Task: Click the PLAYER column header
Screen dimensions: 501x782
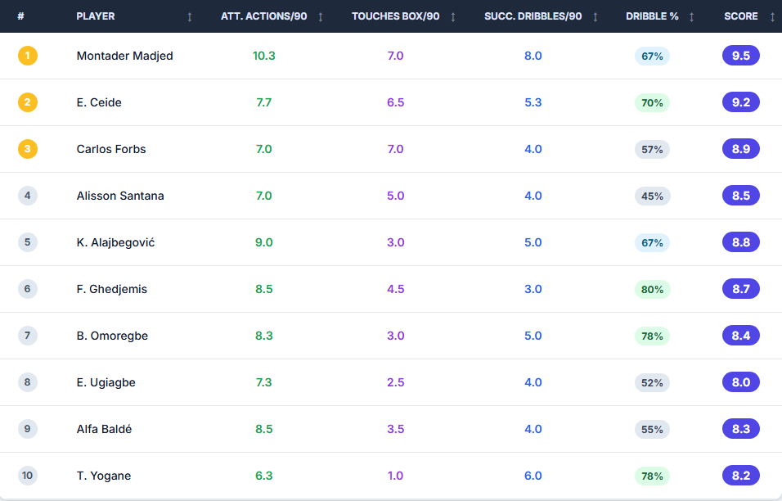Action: [96, 16]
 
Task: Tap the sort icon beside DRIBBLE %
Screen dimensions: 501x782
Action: [691, 17]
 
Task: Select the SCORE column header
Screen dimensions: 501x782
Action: [740, 16]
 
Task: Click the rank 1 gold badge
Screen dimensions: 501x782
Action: [28, 56]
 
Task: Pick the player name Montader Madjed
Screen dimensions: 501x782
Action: [124, 56]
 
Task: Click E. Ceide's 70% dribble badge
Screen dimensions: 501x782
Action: [652, 102]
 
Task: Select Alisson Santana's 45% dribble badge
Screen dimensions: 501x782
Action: [652, 196]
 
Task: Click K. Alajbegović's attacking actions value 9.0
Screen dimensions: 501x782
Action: [263, 242]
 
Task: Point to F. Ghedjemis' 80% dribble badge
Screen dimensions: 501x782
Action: [652, 289]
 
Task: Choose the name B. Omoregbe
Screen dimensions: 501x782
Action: [112, 336]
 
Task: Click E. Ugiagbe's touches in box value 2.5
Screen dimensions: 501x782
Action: [396, 382]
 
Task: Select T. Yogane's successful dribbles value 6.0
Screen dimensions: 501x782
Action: [533, 476]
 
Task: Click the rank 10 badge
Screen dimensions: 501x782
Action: [28, 476]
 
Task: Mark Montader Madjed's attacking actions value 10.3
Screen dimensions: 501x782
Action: [263, 56]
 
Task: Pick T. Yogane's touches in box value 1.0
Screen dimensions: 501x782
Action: [396, 476]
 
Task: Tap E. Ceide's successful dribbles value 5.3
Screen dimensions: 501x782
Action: [533, 102]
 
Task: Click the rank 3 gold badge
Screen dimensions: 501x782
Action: [28, 149]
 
